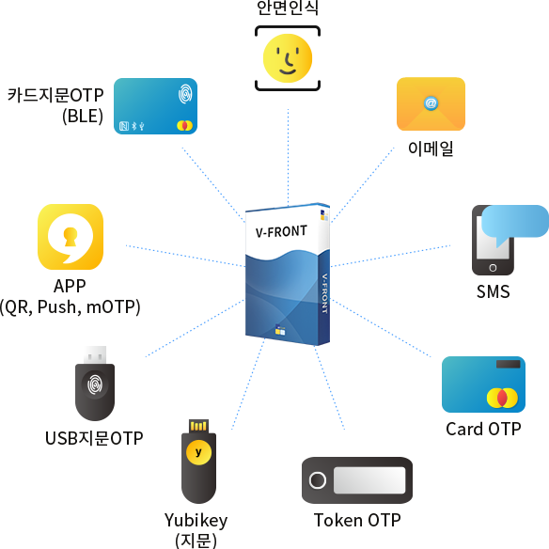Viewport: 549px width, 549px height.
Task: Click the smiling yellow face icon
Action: (x=288, y=58)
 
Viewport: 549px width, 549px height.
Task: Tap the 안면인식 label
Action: (x=288, y=8)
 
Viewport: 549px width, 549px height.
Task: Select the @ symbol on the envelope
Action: (x=431, y=103)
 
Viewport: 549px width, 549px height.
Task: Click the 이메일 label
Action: (x=431, y=149)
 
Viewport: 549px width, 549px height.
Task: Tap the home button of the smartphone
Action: (x=493, y=268)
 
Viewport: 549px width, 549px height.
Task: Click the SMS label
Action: (x=493, y=291)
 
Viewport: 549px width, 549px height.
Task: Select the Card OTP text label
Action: (x=483, y=429)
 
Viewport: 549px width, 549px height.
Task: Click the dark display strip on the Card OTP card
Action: (x=508, y=364)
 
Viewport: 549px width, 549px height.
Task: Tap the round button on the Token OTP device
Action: (x=318, y=480)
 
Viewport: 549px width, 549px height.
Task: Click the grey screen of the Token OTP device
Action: (x=369, y=480)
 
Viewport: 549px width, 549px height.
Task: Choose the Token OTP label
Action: (x=357, y=520)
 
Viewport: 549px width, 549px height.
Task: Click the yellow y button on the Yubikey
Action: (x=198, y=452)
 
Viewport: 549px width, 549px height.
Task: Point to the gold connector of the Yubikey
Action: (x=198, y=426)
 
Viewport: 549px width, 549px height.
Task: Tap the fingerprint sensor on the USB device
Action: (x=95, y=384)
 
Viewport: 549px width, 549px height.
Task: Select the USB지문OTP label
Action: (x=94, y=438)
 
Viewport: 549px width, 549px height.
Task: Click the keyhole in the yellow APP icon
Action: (x=71, y=236)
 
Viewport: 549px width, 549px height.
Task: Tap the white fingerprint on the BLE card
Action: (x=185, y=93)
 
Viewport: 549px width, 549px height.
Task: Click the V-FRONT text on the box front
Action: (x=281, y=231)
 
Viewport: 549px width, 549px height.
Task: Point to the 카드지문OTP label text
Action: (x=55, y=95)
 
